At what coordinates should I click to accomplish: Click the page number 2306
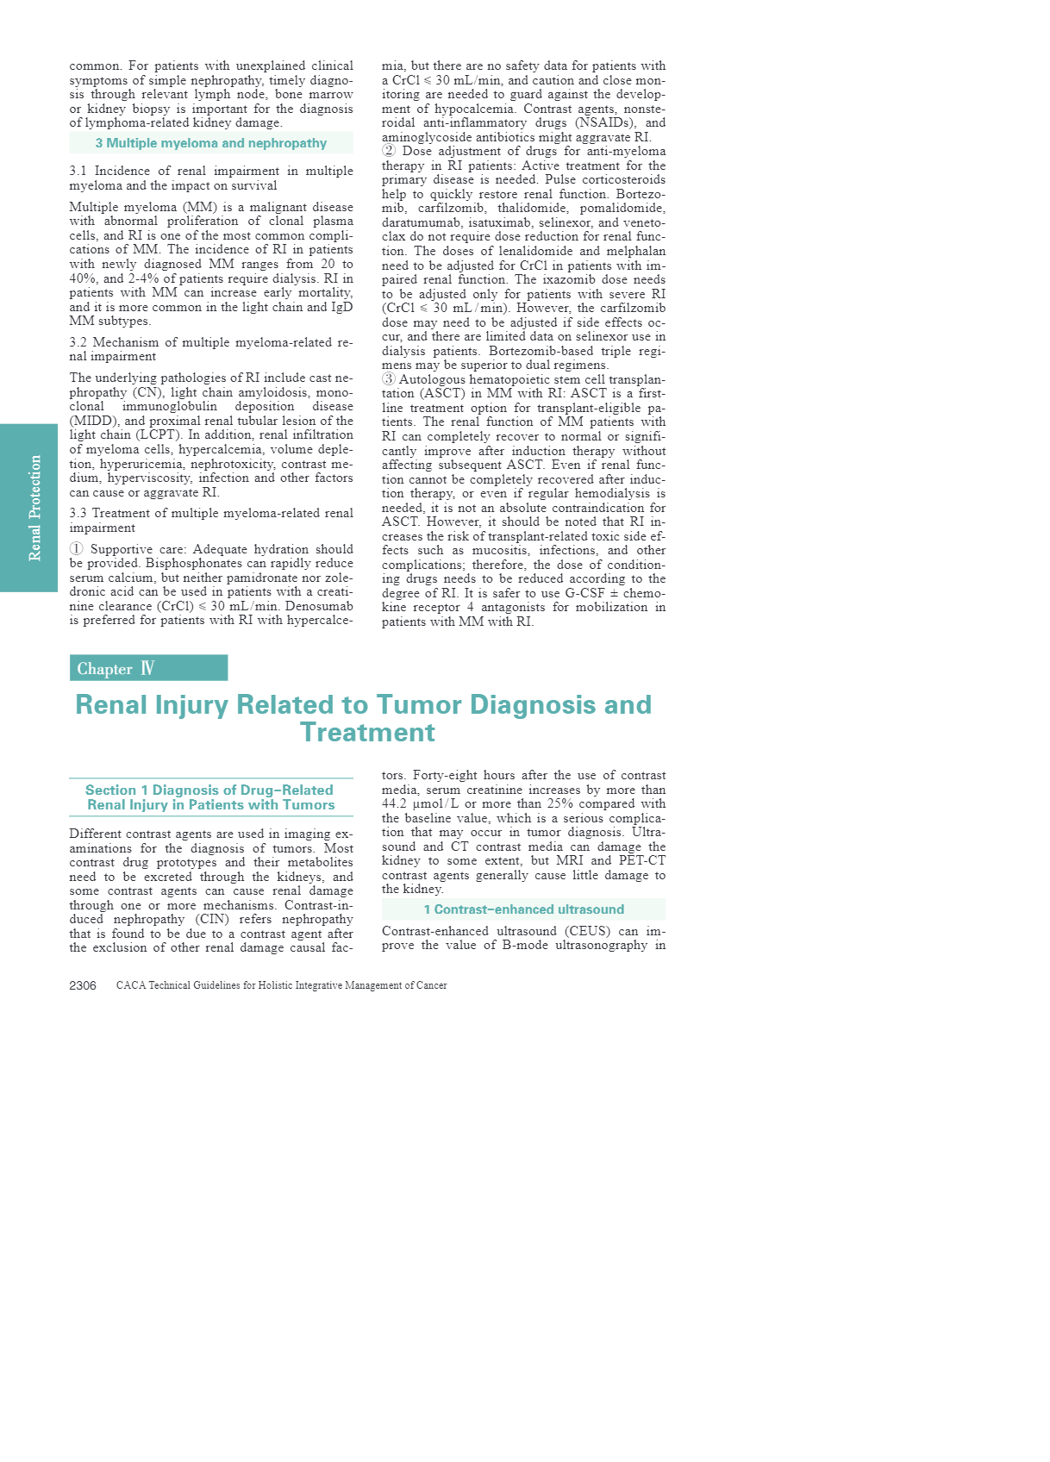click(83, 985)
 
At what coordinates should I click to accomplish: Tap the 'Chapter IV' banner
click(148, 668)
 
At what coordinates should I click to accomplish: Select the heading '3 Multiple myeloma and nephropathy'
click(211, 143)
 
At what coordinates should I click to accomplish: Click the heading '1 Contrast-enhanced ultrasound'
click(523, 909)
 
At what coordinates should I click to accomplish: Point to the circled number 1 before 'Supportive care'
click(77, 549)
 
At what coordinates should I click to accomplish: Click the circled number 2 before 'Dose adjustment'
click(389, 151)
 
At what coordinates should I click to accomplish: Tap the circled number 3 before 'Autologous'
click(389, 379)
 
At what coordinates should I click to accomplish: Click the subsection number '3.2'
click(78, 342)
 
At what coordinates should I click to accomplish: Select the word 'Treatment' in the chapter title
click(367, 733)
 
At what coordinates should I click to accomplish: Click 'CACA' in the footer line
click(130, 985)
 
